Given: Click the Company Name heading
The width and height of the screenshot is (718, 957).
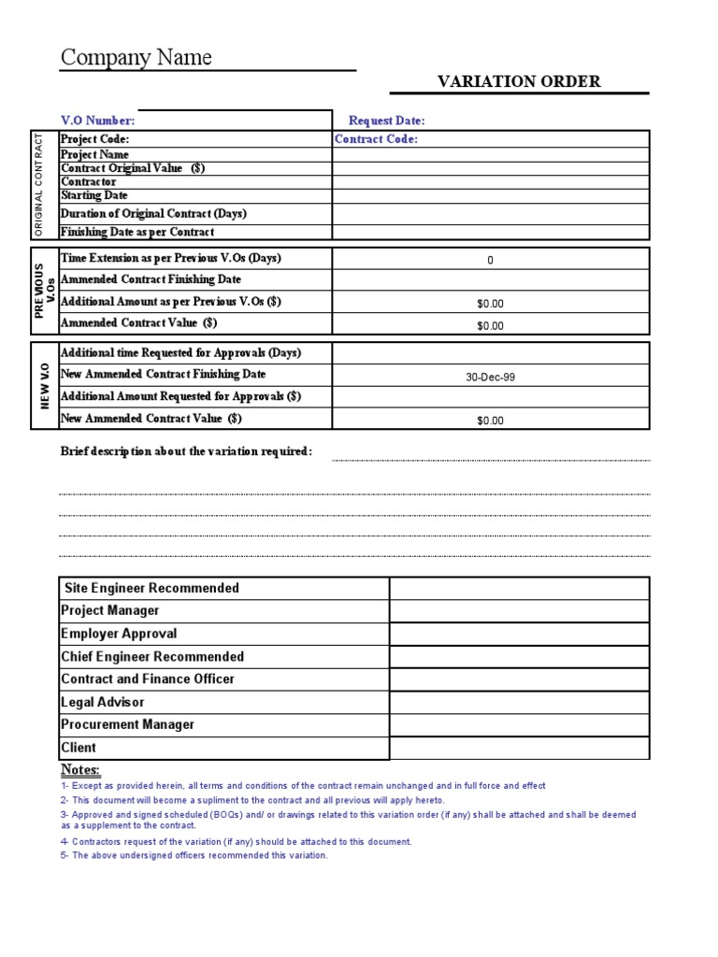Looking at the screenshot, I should [136, 58].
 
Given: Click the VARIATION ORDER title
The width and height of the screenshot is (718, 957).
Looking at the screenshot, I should [519, 81].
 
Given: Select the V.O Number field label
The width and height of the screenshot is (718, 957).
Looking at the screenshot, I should [98, 121].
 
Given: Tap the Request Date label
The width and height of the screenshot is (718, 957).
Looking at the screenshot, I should [387, 121].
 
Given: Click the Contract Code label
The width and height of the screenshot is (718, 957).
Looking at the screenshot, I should [377, 139].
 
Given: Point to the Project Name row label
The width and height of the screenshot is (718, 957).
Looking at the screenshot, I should [95, 154].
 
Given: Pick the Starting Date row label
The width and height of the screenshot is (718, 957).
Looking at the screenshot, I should [94, 195].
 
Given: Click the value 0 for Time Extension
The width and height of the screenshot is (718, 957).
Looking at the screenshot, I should [490, 261].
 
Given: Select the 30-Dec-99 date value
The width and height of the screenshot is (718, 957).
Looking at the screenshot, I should [490, 377].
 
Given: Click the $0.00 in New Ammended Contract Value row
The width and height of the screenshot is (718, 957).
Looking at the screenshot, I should [490, 421].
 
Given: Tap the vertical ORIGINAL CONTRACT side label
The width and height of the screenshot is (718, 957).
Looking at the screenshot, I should [39, 185].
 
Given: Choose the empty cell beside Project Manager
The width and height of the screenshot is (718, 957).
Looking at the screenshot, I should [519, 611].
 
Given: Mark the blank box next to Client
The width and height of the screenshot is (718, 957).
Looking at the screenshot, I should [519, 748].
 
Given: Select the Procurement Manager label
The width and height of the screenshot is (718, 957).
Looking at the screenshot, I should [127, 724].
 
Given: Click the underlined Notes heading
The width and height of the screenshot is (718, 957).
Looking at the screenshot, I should [80, 769].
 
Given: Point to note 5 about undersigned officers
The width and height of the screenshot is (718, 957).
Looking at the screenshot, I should [194, 855].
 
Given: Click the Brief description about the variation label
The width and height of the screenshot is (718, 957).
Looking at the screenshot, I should [186, 451].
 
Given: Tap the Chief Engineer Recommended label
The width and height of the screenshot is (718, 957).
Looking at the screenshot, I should [152, 656].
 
